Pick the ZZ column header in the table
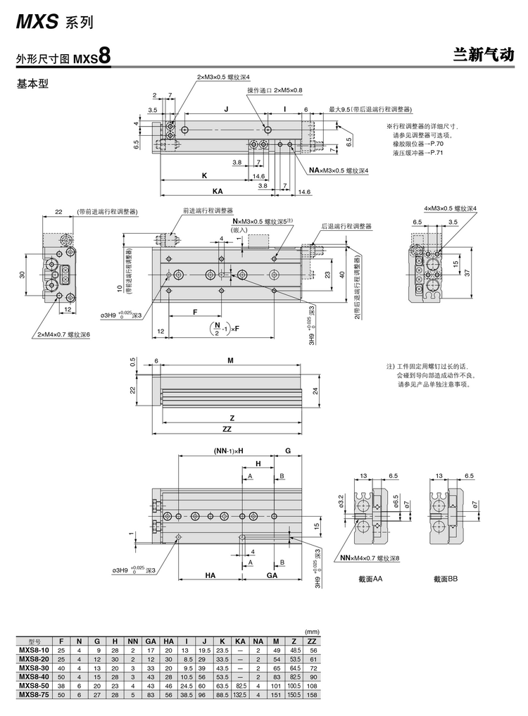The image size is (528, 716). coord(312,641)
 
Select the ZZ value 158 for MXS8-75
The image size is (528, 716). coord(312,693)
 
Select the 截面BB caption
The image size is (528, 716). coord(446,579)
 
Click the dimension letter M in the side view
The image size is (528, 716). coord(230,360)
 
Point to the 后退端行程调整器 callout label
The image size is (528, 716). coord(346,226)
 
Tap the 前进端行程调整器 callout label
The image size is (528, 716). coord(208,210)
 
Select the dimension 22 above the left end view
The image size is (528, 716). coord(59,211)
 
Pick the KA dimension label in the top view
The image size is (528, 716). coord(218,190)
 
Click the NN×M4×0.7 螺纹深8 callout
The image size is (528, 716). coord(370,558)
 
